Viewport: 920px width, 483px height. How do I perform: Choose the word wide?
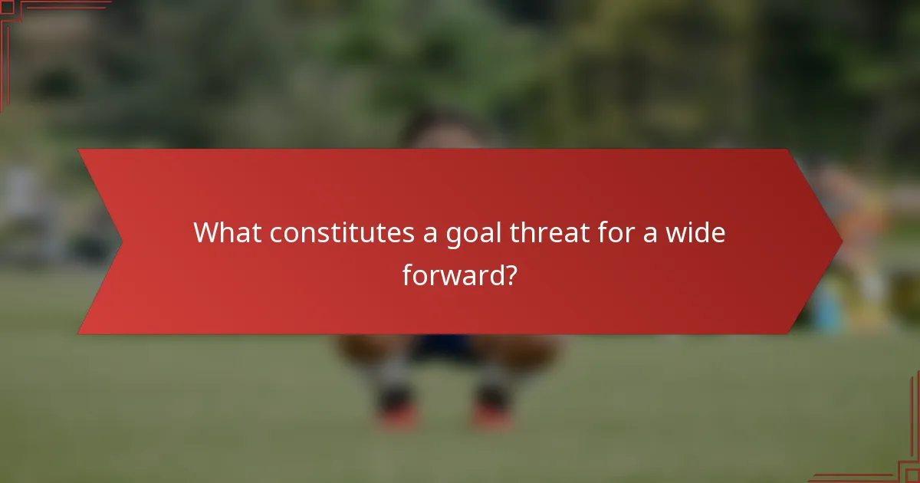[693, 232]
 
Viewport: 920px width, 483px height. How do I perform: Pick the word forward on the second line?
[451, 275]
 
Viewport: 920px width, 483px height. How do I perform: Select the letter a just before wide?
[650, 234]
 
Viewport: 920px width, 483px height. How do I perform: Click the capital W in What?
[207, 232]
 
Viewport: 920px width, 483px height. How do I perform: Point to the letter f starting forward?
[407, 274]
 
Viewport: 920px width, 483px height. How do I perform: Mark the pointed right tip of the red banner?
[841, 242]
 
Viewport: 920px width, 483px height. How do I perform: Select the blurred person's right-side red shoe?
[491, 414]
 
